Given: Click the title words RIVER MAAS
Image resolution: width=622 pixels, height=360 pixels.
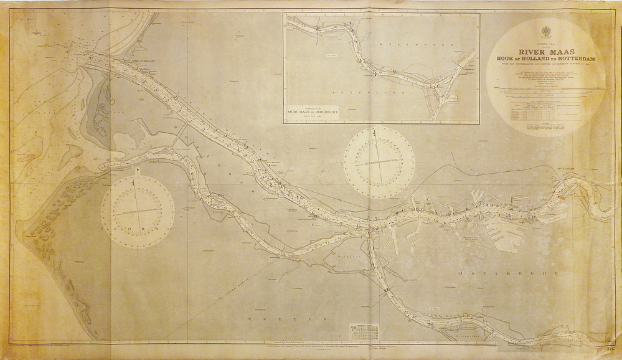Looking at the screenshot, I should pos(545,51).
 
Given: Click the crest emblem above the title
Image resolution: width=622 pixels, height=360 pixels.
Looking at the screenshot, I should pos(545,32).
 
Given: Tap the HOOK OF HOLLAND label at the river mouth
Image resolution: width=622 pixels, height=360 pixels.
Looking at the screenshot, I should pos(143,61).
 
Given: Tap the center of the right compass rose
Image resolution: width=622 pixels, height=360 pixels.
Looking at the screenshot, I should pos(379,162).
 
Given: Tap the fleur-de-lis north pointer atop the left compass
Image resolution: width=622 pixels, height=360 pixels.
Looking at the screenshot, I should pos(137,169).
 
